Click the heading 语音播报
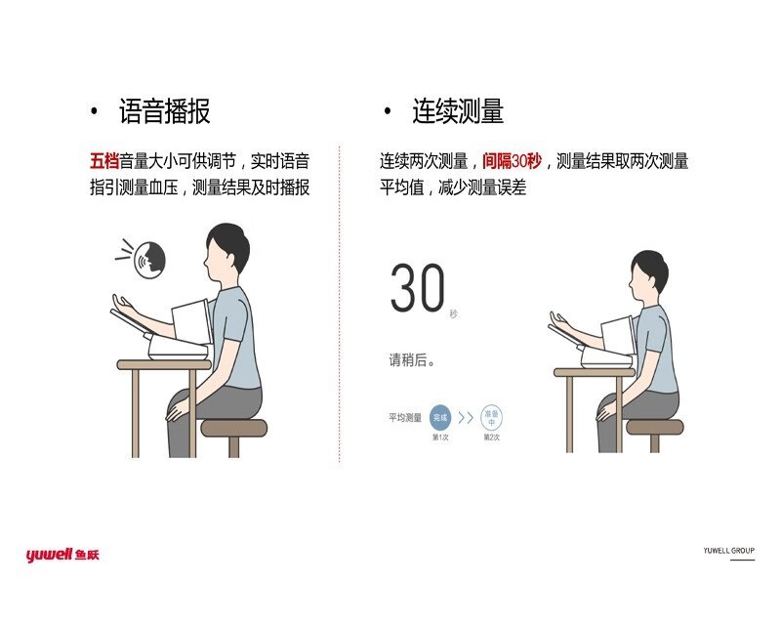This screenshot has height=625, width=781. click(x=164, y=112)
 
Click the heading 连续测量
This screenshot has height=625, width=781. click(x=457, y=112)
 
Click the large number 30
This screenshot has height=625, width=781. click(x=418, y=289)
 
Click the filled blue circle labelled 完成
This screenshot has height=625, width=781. click(x=439, y=417)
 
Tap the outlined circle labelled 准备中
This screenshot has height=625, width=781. click(x=492, y=417)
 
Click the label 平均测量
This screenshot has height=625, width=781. click(x=403, y=418)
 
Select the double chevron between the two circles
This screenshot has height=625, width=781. click(x=466, y=417)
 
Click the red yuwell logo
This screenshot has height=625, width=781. click(x=62, y=555)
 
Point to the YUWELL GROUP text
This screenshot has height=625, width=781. click(x=728, y=551)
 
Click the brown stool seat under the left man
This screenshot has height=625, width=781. click(x=233, y=428)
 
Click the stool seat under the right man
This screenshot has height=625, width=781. click(x=654, y=428)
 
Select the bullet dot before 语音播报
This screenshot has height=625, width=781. click(x=94, y=112)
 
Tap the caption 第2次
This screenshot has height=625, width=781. click(x=492, y=437)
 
